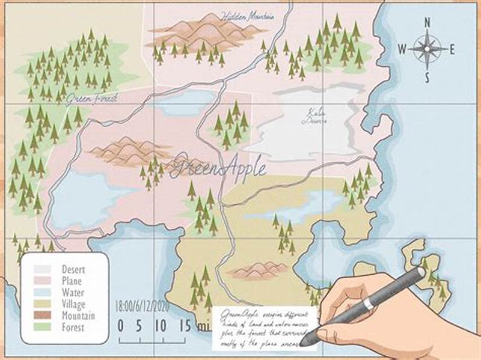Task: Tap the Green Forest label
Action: click(x=91, y=97)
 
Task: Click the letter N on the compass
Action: click(x=427, y=22)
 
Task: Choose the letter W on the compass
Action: click(x=402, y=49)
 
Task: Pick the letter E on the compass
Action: click(x=452, y=49)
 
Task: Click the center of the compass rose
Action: click(x=427, y=49)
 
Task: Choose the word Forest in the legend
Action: click(x=73, y=328)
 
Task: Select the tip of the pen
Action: click(x=305, y=343)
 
